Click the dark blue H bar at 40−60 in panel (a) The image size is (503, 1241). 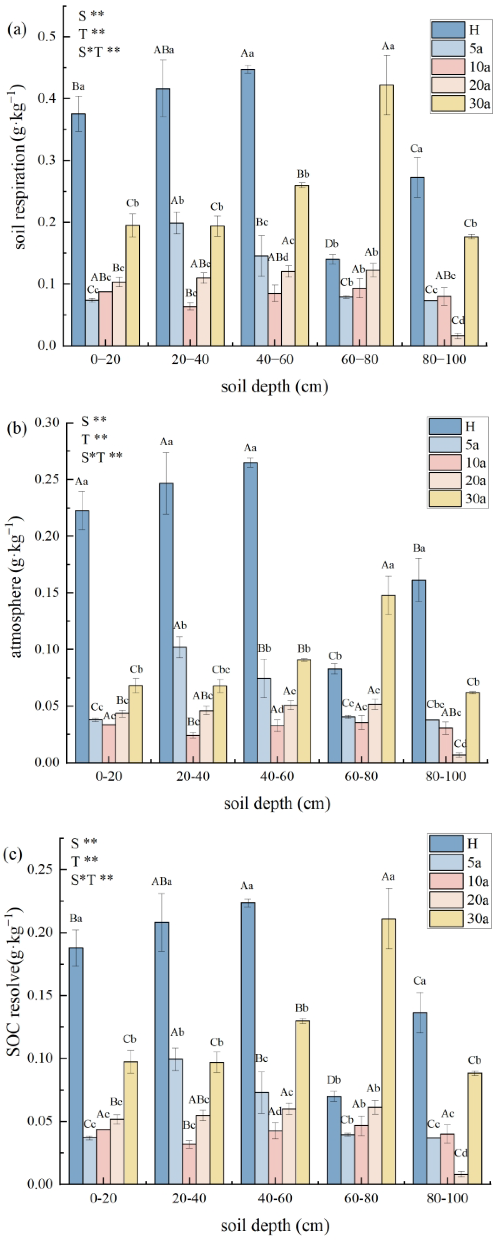(248, 207)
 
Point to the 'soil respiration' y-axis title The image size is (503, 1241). (19, 166)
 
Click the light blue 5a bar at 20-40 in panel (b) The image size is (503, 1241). (180, 704)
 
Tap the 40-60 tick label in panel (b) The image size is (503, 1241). (276, 777)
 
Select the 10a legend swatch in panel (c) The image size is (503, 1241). (446, 881)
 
